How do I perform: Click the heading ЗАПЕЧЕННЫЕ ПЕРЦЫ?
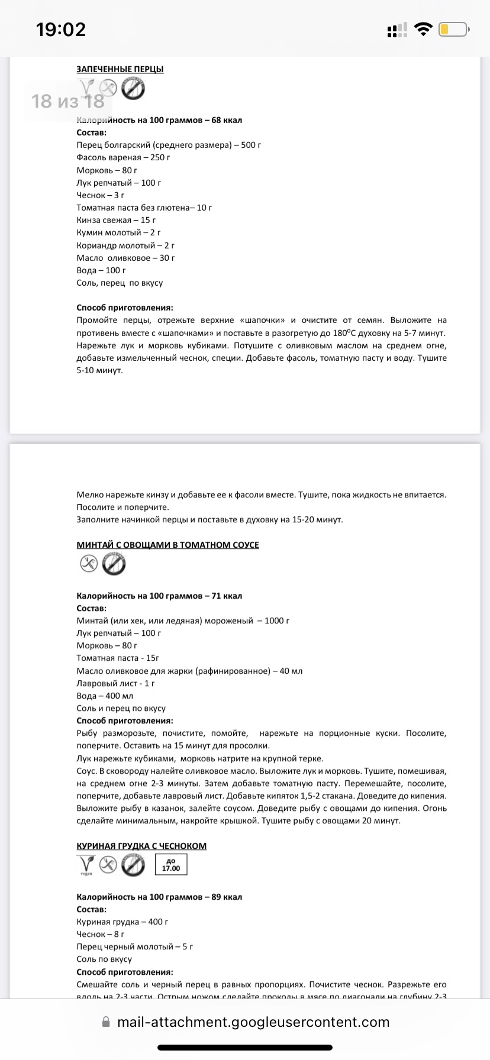(120, 69)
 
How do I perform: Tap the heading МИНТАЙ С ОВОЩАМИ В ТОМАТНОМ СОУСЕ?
(167, 545)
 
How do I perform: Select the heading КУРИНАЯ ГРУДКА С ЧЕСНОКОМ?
(141, 846)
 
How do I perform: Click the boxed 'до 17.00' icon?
(171, 865)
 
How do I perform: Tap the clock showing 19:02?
(61, 30)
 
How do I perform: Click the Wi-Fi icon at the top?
(423, 30)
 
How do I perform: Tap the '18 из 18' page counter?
(68, 101)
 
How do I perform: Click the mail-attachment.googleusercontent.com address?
(253, 1022)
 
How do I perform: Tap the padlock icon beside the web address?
(106, 1022)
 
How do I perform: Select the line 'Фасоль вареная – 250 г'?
(124, 157)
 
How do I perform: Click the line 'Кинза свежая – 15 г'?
(116, 220)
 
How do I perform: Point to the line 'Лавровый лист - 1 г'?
(115, 683)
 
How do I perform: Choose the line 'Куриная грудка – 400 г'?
(122, 922)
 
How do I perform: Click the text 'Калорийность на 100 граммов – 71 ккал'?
(159, 596)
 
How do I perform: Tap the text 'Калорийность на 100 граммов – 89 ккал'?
(159, 897)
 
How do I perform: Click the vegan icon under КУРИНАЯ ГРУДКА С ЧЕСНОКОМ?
(86, 865)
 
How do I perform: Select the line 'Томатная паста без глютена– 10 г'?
(144, 208)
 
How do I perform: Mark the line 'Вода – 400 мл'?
(105, 696)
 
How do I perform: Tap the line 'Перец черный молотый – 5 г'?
(135, 946)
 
